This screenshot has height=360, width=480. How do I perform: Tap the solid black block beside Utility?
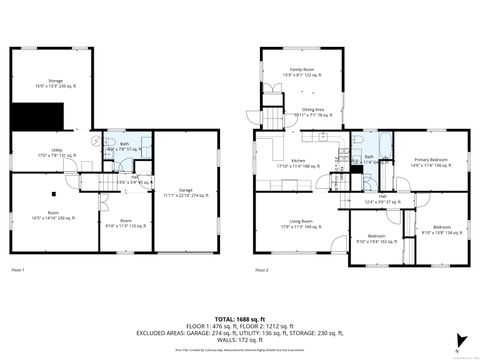[x=29, y=115]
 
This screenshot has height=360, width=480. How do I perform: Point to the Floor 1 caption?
[x=19, y=270]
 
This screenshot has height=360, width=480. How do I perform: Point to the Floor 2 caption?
[x=261, y=270]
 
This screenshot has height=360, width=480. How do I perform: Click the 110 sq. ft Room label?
[x=127, y=224]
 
